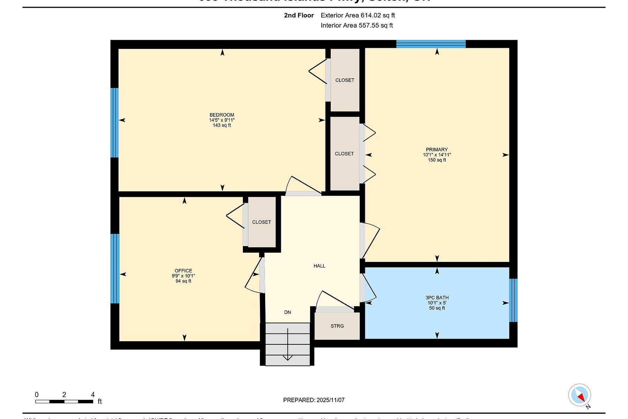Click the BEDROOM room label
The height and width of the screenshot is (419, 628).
(222, 115)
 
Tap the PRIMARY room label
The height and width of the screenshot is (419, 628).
(437, 149)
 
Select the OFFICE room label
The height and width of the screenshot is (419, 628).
(184, 271)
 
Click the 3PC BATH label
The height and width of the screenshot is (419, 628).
(437, 298)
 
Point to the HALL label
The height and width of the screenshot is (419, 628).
(319, 266)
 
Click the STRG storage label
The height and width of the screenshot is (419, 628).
(337, 326)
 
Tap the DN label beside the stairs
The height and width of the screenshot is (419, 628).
(287, 313)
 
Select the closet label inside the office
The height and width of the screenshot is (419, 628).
(262, 222)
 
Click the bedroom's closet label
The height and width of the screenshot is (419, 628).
(345, 80)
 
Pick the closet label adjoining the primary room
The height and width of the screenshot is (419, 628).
(344, 154)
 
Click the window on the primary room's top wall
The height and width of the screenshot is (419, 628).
(431, 44)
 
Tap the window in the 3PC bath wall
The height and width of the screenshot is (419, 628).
(513, 300)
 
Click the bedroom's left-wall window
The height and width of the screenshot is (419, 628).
(114, 123)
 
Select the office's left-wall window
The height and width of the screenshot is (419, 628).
(115, 269)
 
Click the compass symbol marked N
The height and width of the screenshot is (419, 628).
(580, 396)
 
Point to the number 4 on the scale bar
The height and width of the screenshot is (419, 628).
(93, 395)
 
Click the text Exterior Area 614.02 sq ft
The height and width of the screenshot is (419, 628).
(358, 15)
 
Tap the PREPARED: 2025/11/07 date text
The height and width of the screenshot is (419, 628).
(314, 400)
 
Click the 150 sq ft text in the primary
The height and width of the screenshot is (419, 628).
(437, 160)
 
